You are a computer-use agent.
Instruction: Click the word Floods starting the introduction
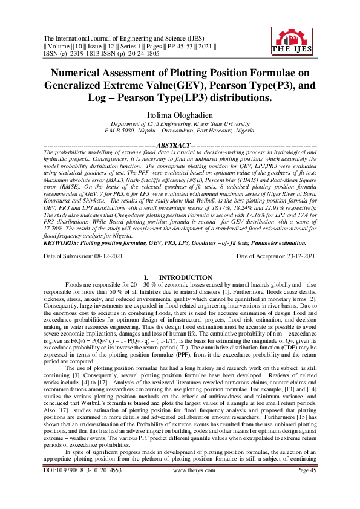coord(74,284)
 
